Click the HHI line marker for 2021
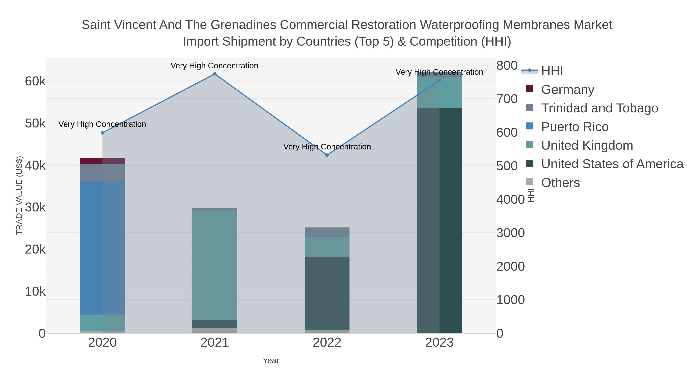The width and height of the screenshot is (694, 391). [215, 74]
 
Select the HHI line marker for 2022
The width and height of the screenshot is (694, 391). [327, 155]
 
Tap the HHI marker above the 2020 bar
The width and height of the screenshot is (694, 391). [102, 133]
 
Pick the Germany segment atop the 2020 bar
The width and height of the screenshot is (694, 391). [102, 161]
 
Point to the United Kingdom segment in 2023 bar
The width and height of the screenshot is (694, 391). [439, 93]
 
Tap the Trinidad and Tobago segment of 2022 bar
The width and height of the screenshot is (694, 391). [327, 232]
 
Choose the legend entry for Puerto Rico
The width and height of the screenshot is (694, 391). [575, 127]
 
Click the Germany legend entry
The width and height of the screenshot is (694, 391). [567, 90]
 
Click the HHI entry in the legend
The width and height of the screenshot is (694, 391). [552, 71]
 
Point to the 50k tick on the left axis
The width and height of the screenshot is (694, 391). [35, 124]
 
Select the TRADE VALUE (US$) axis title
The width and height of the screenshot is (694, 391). [19, 195]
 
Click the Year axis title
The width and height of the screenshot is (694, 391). [271, 360]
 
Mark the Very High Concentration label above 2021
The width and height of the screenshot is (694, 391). [214, 66]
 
